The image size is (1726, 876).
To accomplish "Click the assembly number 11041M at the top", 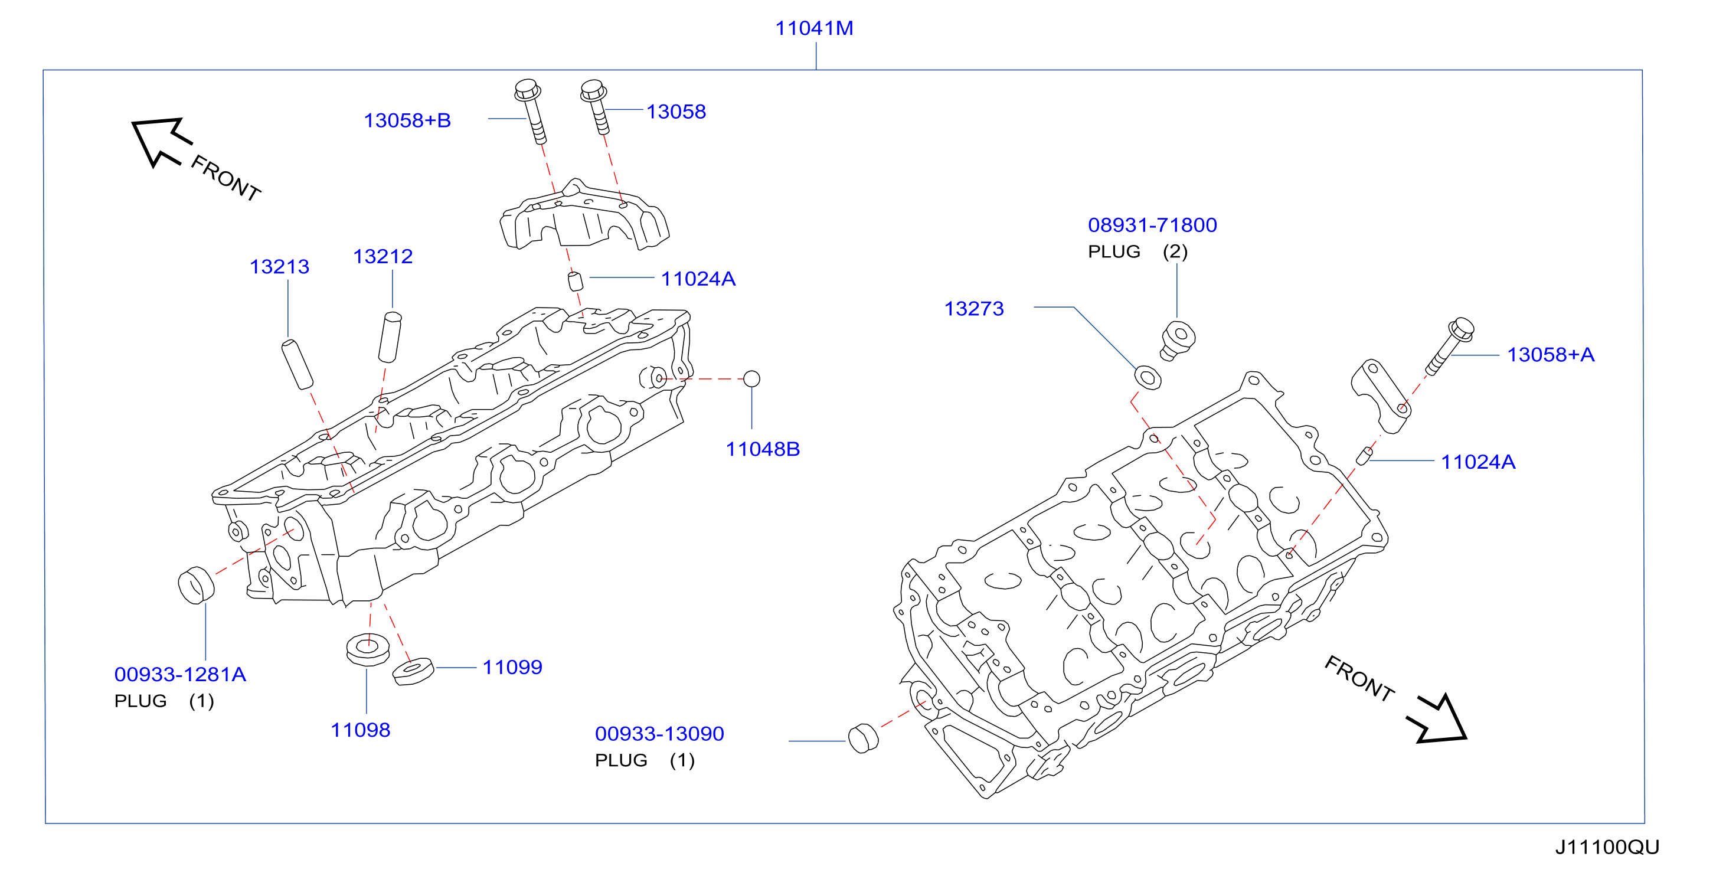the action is coord(814,28).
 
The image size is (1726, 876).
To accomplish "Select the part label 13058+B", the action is coord(407,120).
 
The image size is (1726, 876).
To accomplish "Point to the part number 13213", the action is coord(279,267).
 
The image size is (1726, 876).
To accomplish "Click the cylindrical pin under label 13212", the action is coord(390,336).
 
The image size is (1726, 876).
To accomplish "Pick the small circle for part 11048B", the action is coord(752,379).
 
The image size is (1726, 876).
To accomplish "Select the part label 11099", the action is coord(512,668).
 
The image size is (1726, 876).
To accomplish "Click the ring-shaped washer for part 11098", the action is coord(368,648).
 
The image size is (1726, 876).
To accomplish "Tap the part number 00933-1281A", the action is coord(180,674).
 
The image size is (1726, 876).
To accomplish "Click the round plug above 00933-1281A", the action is coord(195,585).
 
